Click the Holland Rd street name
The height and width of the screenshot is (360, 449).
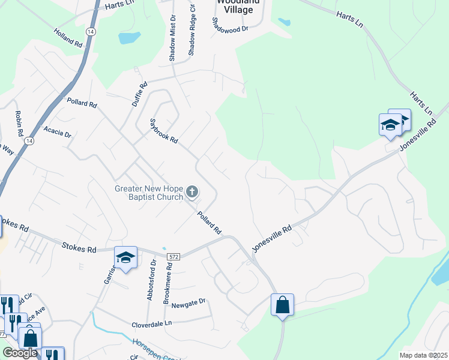pyautogui.click(x=68, y=37)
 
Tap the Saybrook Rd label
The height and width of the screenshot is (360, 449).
pyautogui.click(x=164, y=130)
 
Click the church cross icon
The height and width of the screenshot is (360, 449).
pyautogui.click(x=192, y=192)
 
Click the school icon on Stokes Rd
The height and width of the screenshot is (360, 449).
pyautogui.click(x=125, y=257)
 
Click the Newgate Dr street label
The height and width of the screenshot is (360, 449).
pyautogui.click(x=188, y=303)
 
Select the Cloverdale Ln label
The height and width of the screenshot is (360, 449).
pyautogui.click(x=152, y=324)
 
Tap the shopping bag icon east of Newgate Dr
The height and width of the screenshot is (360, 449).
pyautogui.click(x=282, y=305)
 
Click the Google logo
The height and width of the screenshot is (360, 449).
pyautogui.click(x=20, y=353)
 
